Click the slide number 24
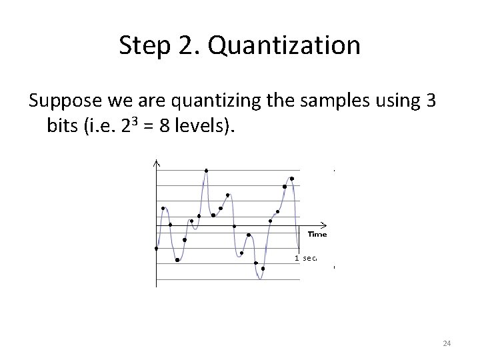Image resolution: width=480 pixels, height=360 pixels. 447,343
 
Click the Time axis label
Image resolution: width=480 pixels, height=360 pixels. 317,234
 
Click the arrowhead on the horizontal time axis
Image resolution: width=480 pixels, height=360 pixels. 323,223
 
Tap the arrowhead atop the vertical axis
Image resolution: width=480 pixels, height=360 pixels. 156,163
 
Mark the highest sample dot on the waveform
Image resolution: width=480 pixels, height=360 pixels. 206,171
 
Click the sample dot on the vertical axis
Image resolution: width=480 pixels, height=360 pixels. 156,249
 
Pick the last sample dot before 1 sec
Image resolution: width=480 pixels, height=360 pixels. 292,178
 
